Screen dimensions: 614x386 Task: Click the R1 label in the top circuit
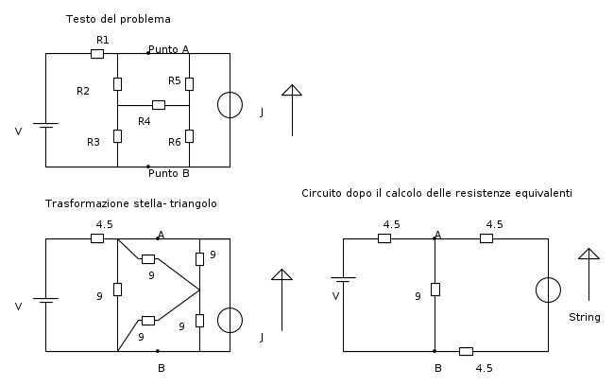[x=103, y=40]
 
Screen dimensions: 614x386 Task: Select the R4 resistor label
[x=145, y=122]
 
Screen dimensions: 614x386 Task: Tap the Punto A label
[x=169, y=49]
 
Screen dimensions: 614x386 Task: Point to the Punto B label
[x=169, y=173]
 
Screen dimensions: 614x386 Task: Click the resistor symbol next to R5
[x=190, y=84]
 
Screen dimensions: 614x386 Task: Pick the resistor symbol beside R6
[x=190, y=136]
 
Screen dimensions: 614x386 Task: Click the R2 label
[x=83, y=91]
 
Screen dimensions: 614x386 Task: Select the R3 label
[x=94, y=142]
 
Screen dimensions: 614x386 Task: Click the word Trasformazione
[x=88, y=203]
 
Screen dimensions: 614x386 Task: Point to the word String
[x=584, y=317]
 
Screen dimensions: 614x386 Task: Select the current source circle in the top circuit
[x=230, y=105]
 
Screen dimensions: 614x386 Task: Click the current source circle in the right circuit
[x=548, y=289]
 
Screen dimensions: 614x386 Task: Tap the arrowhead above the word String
[x=588, y=254]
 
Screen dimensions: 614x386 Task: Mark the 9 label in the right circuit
[x=418, y=296]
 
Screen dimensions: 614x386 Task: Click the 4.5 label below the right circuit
[x=485, y=368]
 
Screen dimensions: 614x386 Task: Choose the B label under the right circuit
[x=438, y=368]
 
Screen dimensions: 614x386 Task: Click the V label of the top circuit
[x=18, y=132]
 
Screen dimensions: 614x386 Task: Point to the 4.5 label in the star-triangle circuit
[x=105, y=224]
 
